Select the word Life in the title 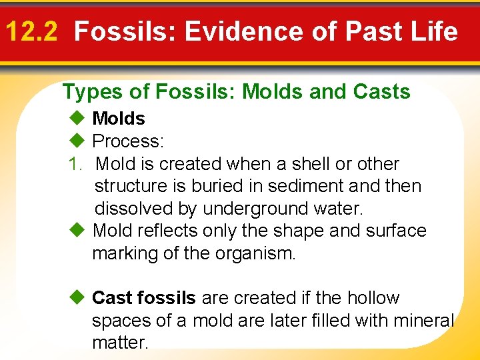[x=435, y=31]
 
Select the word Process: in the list [x=128, y=141]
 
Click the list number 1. [x=75, y=164]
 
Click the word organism [x=254, y=254]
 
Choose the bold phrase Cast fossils [x=144, y=297]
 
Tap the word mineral [x=422, y=321]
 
